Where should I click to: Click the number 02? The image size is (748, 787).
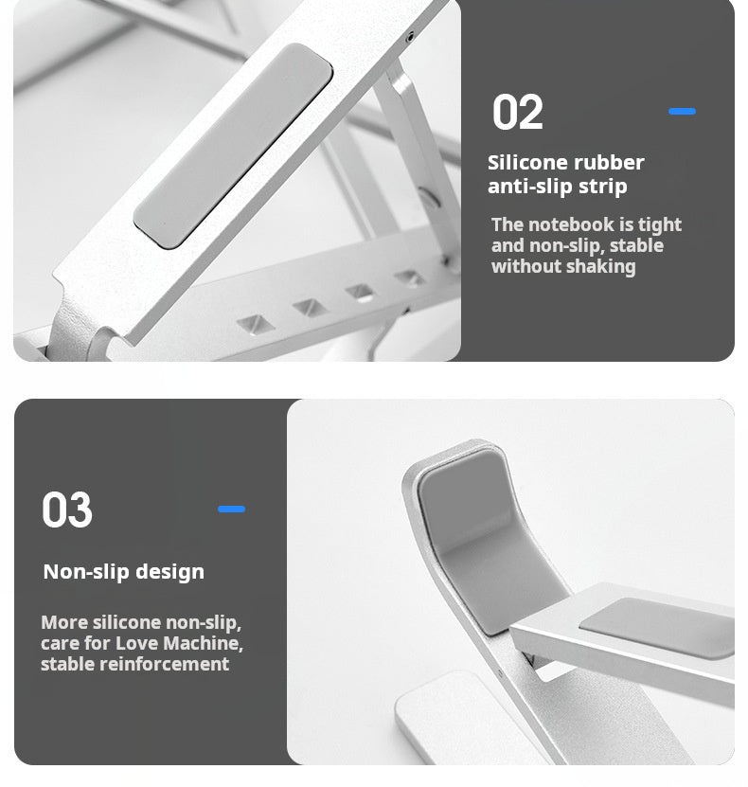pyautogui.click(x=517, y=113)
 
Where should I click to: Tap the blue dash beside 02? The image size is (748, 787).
pyautogui.click(x=682, y=112)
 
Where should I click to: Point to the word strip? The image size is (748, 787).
pyautogui.click(x=602, y=187)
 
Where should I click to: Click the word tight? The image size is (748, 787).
pyautogui.click(x=660, y=224)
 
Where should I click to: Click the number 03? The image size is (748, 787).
pyautogui.click(x=67, y=510)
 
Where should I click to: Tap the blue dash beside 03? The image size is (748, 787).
pyautogui.click(x=231, y=510)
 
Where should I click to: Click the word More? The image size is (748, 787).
pyautogui.click(x=63, y=623)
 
